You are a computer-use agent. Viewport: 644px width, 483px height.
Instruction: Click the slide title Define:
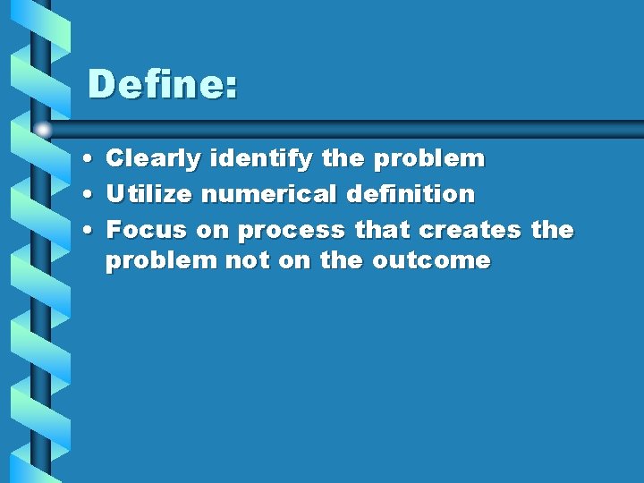[163, 86]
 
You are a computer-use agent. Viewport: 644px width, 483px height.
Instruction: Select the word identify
[261, 160]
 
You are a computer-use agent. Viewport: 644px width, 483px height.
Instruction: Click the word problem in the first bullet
[428, 160]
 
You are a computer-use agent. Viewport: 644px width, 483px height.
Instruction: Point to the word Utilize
[148, 194]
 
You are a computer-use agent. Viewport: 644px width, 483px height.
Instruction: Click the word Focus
[147, 230]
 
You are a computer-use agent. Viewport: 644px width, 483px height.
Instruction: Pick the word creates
[470, 230]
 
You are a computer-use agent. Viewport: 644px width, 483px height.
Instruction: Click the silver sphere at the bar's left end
[42, 130]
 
